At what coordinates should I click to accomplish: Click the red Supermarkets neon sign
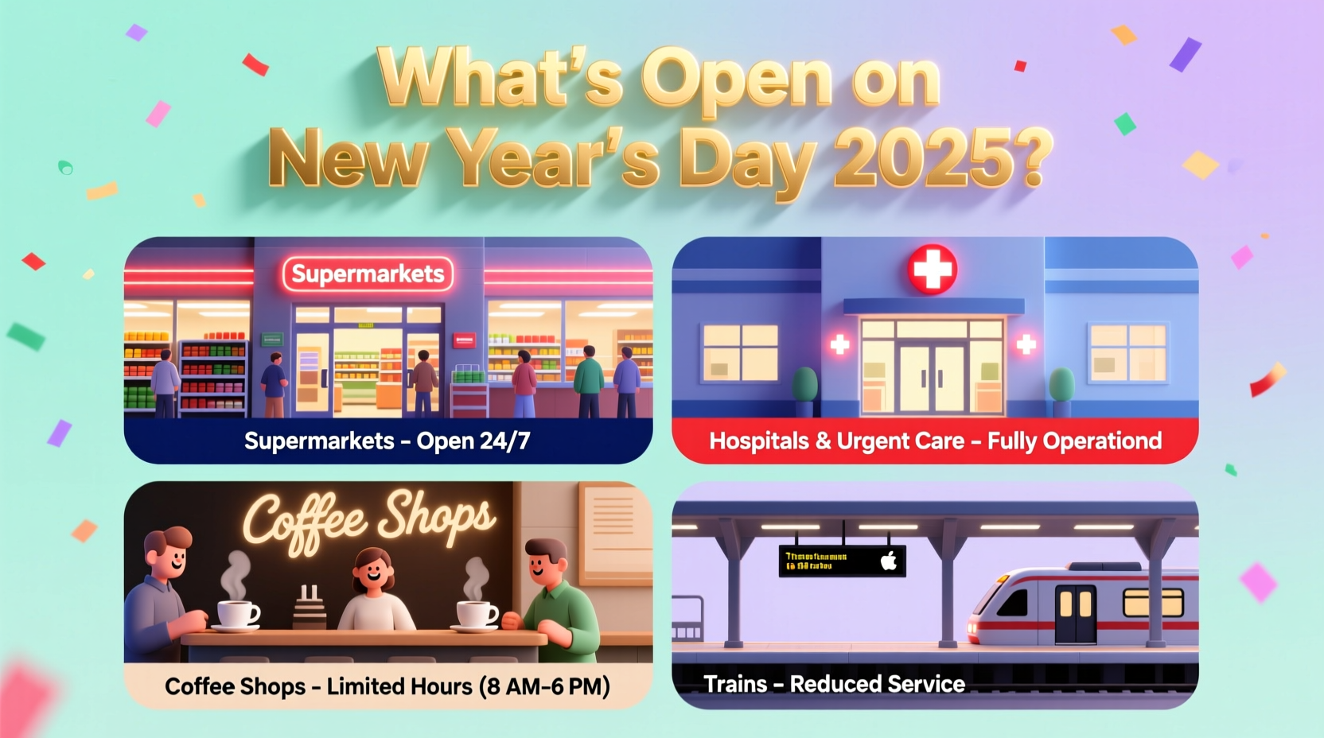point(368,274)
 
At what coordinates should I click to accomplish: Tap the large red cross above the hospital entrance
point(933,270)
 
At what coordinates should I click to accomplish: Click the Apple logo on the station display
point(889,561)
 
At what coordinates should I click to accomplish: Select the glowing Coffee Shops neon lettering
point(369,521)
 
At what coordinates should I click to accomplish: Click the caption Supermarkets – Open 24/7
point(387,441)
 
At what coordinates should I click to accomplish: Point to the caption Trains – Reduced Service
point(834,684)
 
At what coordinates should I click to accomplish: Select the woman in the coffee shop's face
point(373,568)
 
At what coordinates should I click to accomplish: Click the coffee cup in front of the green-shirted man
point(477,614)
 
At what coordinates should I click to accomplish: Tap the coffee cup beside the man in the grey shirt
point(237,614)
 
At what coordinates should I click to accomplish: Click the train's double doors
point(1075,613)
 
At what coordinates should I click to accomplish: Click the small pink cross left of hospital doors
point(839,344)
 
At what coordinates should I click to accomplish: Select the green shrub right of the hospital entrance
point(1061,386)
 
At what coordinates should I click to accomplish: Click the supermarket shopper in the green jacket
point(589,378)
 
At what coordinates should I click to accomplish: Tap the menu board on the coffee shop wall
point(614,528)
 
